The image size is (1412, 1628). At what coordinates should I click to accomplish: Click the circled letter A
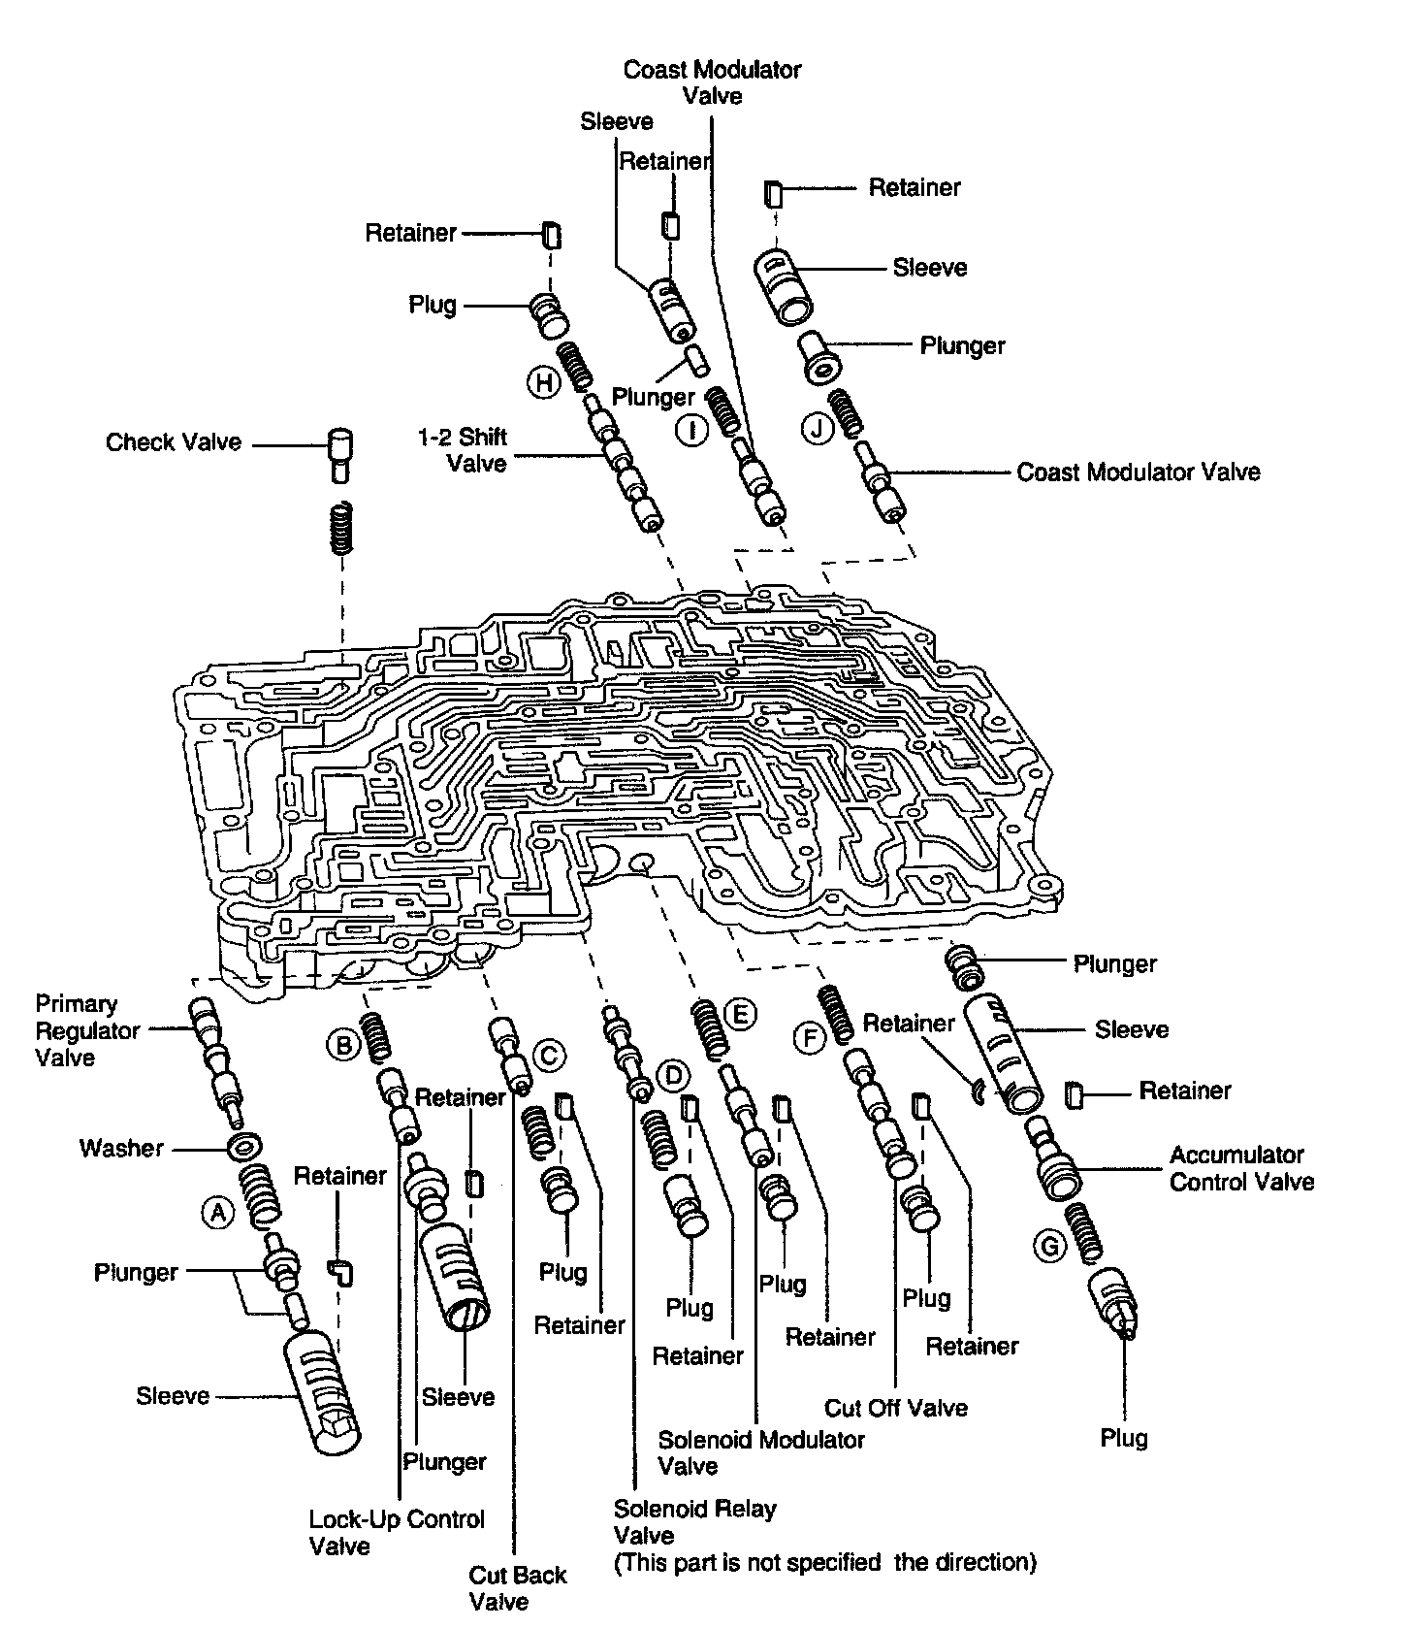219,1212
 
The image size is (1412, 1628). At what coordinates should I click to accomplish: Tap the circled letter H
544,382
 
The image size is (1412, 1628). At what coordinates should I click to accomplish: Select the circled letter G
1049,1246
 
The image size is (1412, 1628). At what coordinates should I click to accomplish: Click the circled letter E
739,1015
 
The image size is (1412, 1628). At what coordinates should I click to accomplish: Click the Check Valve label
174,442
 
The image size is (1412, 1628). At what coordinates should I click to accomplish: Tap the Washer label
121,1149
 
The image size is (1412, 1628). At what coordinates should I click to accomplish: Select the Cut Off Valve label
896,1407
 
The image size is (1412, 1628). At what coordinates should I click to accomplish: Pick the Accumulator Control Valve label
1241,1168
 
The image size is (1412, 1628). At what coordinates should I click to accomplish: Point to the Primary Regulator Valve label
88,1030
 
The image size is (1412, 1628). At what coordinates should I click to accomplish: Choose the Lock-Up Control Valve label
397,1532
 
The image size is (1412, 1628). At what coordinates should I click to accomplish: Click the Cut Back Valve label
518,1587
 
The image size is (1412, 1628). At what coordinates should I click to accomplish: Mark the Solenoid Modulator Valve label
761,1452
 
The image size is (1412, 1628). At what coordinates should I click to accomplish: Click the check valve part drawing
339,452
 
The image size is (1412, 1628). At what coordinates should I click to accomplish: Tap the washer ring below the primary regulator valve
241,1147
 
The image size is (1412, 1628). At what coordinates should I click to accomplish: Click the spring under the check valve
340,529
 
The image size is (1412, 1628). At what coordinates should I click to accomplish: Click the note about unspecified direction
825,1563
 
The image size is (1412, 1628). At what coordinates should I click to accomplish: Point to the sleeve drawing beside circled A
322,1393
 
